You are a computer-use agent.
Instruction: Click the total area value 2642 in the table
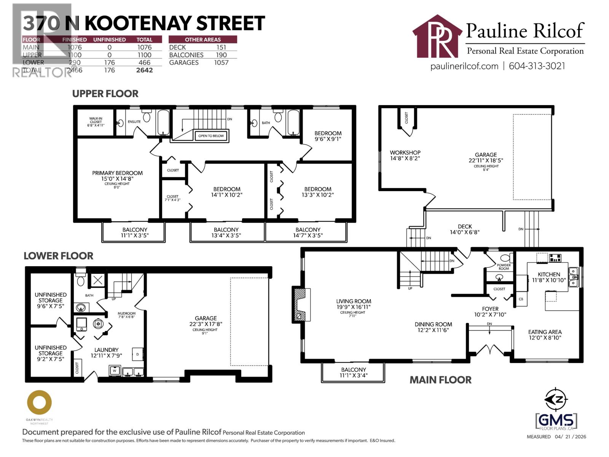tap(144, 70)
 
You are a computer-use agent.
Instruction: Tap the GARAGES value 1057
tap(221, 62)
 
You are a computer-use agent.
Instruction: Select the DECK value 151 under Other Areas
tap(221, 47)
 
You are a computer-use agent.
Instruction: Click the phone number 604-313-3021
tap(537, 66)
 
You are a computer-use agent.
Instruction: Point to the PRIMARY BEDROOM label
tap(117, 173)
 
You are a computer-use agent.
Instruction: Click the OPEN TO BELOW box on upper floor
tap(211, 136)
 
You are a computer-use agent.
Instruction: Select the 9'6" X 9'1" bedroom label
tap(328, 136)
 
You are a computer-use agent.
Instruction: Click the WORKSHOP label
tap(405, 155)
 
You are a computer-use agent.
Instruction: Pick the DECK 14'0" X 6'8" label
tap(465, 229)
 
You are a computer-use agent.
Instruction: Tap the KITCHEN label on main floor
tap(548, 277)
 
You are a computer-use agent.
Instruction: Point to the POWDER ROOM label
tap(504, 267)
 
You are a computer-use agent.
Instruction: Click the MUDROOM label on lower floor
tap(126, 315)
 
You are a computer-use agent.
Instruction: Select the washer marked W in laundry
tap(115, 370)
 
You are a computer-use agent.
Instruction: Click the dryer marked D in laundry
tap(137, 354)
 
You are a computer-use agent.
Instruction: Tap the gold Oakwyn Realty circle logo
tap(39, 402)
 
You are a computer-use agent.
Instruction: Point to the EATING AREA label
tap(545, 334)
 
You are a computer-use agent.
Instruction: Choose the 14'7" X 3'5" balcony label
tap(308, 232)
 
